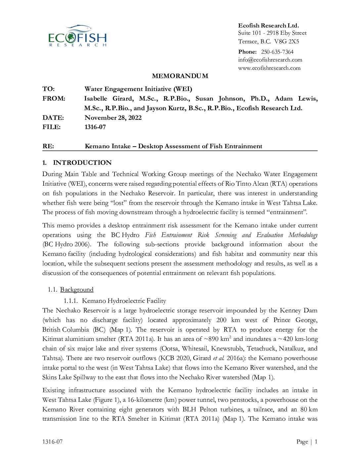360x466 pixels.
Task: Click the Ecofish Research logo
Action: pos(77,36)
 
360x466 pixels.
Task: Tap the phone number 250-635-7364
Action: pos(277,52)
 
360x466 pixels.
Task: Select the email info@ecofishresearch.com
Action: pos(270,60)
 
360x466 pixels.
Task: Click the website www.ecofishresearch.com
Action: pos(269,68)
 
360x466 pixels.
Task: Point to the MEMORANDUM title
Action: pos(180,76)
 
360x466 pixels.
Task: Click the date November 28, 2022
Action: pos(113,118)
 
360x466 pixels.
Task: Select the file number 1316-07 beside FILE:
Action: pos(95,127)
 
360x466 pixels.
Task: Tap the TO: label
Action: pos(48,89)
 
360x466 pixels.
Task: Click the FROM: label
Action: pos(54,99)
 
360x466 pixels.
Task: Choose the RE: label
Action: pos(48,146)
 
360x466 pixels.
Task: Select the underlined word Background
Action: pos(77,290)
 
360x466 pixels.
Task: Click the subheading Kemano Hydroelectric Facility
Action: pos(124,301)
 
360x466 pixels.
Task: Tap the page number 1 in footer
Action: pos(316,442)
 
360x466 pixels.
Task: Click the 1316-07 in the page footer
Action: pos(52,442)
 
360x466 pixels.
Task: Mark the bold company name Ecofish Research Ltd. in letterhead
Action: pos(268,25)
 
